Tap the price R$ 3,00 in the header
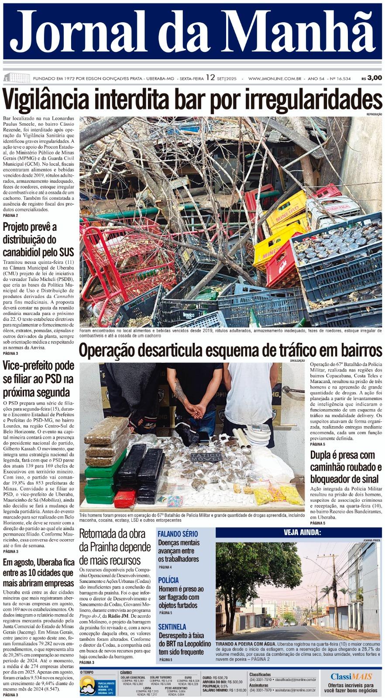point(371,78)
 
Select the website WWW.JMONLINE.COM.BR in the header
point(275,79)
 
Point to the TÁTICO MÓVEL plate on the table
point(206,456)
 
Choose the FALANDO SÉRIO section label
point(178,534)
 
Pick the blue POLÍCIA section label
point(168,580)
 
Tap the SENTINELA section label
point(172,627)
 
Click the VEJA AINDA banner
point(302,532)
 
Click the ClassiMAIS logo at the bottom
point(351,677)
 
